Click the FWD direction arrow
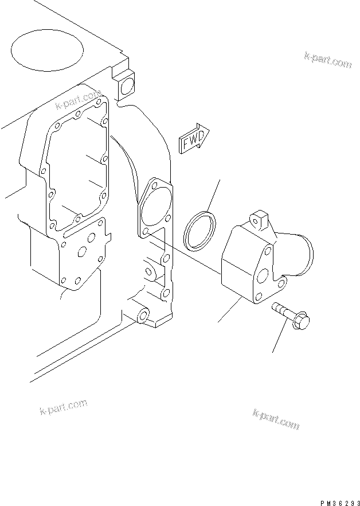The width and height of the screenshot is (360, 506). [194, 138]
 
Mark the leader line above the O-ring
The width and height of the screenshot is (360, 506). [213, 195]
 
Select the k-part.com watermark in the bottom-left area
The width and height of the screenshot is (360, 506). [63, 407]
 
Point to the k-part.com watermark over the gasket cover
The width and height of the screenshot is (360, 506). [78, 100]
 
